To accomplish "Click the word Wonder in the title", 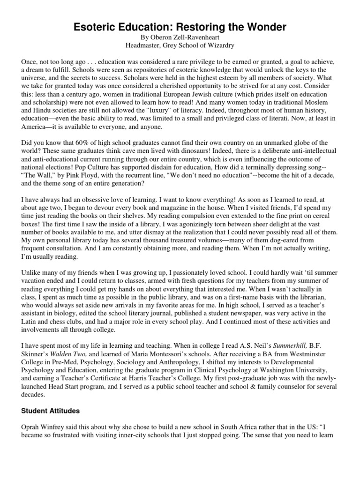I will (x=266, y=28).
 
